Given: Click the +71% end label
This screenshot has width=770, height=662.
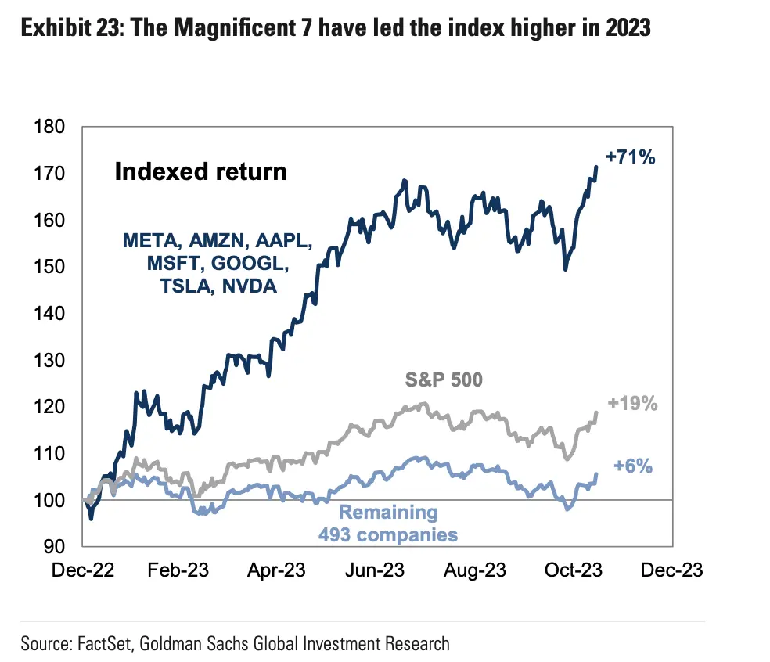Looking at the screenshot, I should pyautogui.click(x=630, y=157).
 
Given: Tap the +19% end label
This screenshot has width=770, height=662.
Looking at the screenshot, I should pyautogui.click(x=632, y=405).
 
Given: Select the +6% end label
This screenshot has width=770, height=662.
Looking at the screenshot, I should pyautogui.click(x=634, y=466).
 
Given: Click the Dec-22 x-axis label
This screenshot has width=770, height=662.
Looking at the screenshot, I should pyautogui.click(x=83, y=570).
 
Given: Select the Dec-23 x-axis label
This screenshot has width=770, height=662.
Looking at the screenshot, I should pyautogui.click(x=673, y=570).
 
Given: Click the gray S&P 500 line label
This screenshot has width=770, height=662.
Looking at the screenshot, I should pyautogui.click(x=444, y=381).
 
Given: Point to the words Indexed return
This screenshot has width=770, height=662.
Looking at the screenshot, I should pyautogui.click(x=200, y=171).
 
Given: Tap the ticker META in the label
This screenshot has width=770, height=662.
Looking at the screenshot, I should pyautogui.click(x=146, y=239).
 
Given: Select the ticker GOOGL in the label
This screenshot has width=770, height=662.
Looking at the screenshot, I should pyautogui.click(x=251, y=263).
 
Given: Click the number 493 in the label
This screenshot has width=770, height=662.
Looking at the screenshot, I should pyautogui.click(x=335, y=535).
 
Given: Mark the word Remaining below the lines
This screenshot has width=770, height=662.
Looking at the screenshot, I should pyautogui.click(x=388, y=513).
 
